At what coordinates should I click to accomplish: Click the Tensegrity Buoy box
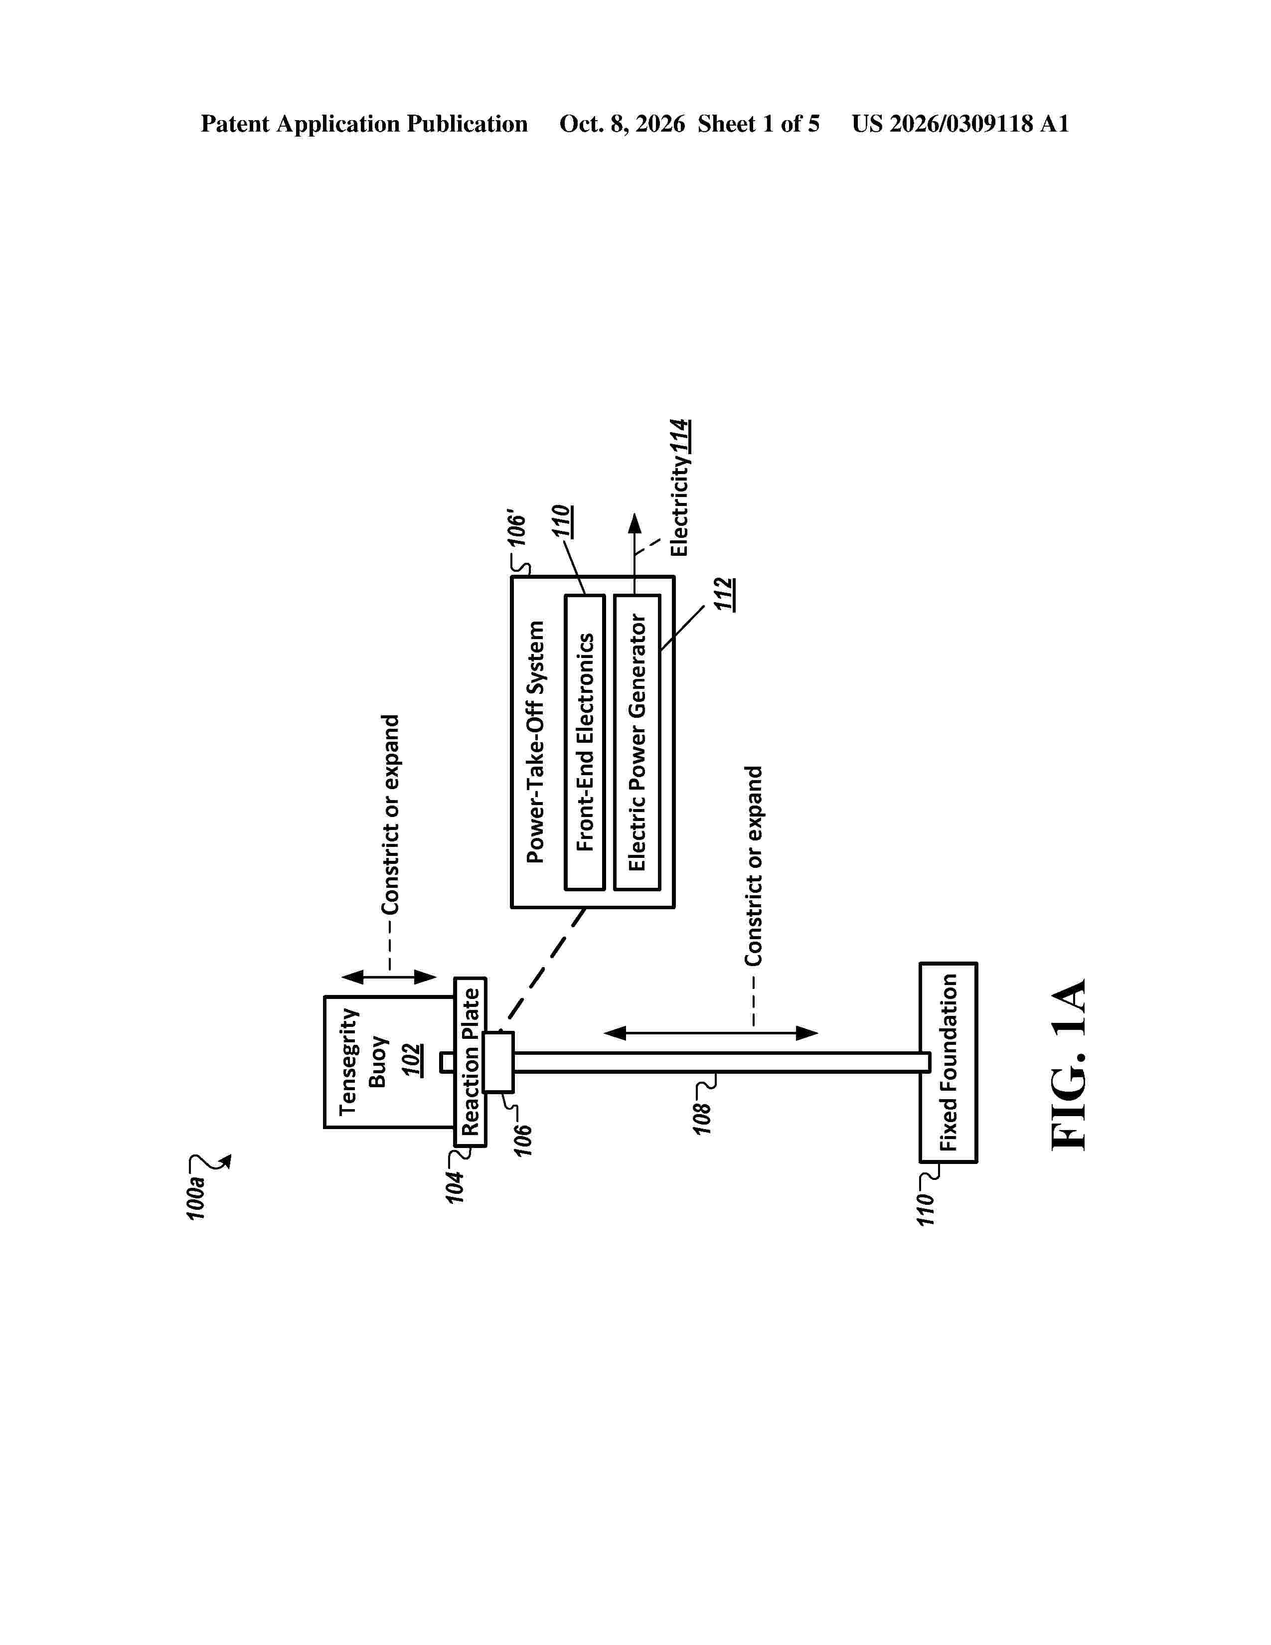point(389,1061)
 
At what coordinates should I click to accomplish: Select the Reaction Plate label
point(471,1061)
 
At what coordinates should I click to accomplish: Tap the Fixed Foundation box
point(949,1062)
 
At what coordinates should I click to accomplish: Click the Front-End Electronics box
point(585,742)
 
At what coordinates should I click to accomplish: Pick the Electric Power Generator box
point(637,742)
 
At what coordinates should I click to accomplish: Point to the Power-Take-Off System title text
point(535,741)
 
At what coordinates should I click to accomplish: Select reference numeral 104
point(455,1186)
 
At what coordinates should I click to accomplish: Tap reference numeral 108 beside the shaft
point(702,1119)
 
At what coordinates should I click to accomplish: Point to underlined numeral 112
point(724,594)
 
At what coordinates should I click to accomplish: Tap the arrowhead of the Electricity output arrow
point(635,523)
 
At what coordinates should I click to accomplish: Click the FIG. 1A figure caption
point(1069,1064)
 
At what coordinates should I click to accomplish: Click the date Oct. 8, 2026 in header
point(622,124)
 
